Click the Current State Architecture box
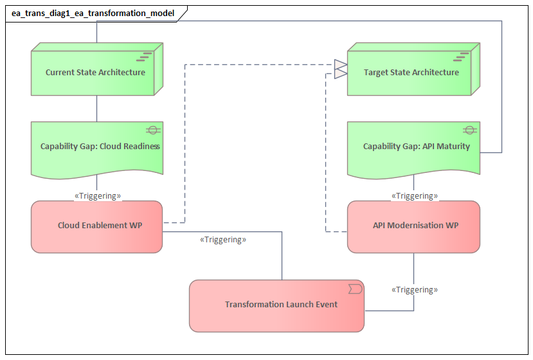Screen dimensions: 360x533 (95, 73)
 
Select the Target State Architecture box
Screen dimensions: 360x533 (411, 73)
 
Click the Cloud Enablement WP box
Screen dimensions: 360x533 (96, 226)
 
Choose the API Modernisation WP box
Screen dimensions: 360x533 (413, 226)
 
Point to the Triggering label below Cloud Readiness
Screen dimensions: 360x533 (98, 195)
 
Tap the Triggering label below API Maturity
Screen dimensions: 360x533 (415, 195)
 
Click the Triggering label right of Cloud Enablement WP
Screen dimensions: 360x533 (223, 240)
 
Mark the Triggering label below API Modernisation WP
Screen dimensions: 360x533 (415, 290)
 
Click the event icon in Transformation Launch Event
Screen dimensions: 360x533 (354, 289)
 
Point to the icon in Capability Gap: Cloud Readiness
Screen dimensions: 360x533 (152, 130)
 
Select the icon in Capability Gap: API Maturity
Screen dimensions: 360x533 (469, 130)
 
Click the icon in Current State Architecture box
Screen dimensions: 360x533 (147, 56)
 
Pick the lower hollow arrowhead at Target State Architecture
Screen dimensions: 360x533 (340, 73)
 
